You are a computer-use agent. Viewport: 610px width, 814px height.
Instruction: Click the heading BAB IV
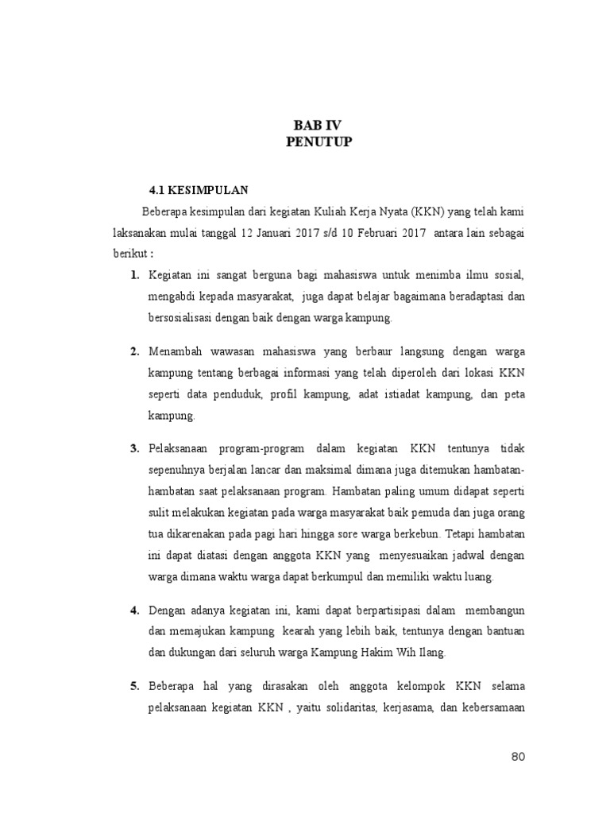[318, 126]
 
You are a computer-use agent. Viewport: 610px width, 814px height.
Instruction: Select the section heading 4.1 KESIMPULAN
[199, 191]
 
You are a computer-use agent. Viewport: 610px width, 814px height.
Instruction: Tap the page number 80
[518, 756]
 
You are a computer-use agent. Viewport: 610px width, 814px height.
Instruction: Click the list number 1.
[135, 275]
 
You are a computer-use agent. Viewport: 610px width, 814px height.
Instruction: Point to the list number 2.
[135, 351]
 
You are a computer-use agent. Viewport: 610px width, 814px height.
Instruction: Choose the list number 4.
[135, 610]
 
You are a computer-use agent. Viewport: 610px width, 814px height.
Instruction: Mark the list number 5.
[135, 685]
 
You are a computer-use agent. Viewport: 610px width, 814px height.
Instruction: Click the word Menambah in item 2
[174, 351]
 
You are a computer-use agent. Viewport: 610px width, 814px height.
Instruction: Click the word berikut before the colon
[129, 254]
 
